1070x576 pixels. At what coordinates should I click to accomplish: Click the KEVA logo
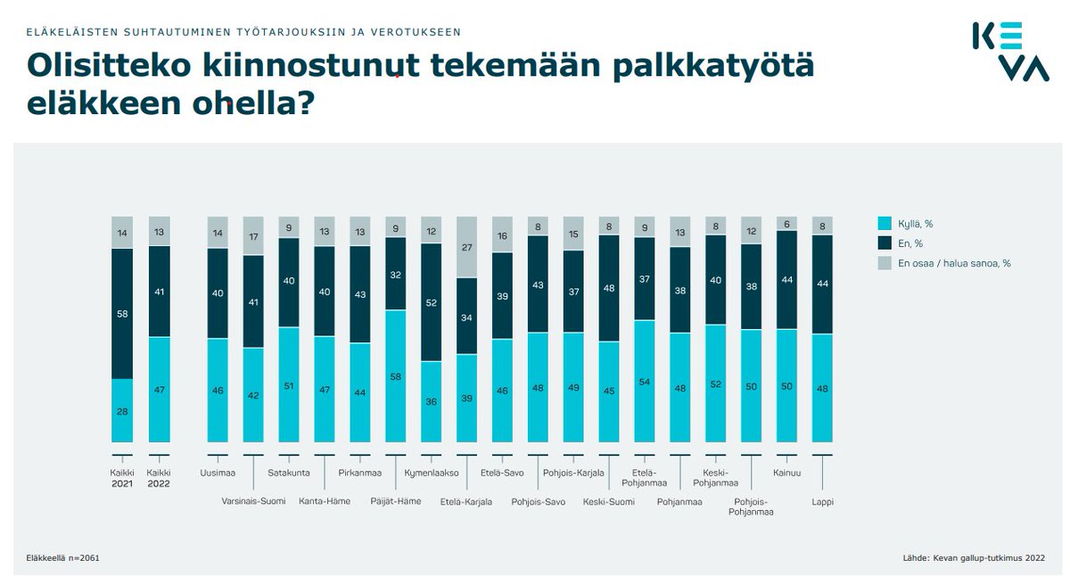1009,53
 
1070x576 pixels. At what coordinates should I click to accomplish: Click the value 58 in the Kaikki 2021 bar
122,314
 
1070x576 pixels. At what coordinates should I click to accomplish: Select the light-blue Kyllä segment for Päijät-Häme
396,376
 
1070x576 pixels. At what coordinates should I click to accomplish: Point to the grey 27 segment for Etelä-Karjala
467,247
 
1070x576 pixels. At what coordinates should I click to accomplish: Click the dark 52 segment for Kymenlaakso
432,302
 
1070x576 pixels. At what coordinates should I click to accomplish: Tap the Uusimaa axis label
218,473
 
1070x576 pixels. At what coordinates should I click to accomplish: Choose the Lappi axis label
822,501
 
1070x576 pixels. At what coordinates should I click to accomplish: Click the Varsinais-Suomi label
253,501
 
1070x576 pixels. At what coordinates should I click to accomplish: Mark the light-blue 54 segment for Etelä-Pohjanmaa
645,382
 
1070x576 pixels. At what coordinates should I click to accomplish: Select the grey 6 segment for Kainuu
787,223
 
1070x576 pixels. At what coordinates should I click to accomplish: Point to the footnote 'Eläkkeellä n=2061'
62,559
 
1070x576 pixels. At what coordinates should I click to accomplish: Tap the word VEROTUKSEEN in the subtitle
417,32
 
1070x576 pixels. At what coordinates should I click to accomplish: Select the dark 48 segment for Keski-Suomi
609,288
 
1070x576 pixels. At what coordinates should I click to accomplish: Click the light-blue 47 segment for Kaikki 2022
159,390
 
